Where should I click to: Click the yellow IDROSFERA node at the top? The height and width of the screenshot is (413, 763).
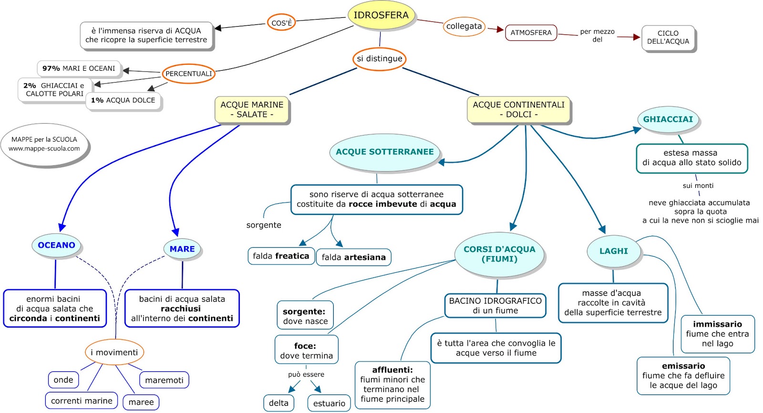[x=381, y=15]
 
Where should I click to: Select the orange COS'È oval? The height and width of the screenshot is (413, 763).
[x=281, y=22]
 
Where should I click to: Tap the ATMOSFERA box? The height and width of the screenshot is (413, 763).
[x=531, y=33]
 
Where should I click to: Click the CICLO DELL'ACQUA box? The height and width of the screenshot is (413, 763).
[x=668, y=38]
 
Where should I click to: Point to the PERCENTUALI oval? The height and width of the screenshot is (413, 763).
[x=188, y=73]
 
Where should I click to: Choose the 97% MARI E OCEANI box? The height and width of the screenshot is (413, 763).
[x=79, y=68]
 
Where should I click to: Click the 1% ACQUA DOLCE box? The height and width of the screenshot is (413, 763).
[x=123, y=100]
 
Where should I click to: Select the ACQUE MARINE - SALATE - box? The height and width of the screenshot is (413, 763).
[x=252, y=110]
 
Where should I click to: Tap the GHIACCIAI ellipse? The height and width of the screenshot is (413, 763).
[x=668, y=119]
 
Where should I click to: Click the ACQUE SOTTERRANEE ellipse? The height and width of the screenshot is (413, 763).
[x=384, y=152]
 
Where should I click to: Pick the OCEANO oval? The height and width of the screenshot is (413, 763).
[x=56, y=245]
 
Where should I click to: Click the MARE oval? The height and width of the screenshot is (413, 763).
[x=182, y=249]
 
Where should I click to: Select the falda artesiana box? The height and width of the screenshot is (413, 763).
[x=353, y=258]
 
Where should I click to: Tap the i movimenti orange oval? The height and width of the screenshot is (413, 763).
[x=114, y=352]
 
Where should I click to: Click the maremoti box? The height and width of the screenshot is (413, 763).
[x=164, y=380]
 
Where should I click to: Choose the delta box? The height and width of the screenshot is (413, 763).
[x=278, y=403]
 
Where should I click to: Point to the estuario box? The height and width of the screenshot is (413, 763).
[x=329, y=403]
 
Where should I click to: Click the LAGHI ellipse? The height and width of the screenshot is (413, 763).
[x=613, y=251]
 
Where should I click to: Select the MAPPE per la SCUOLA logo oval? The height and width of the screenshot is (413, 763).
[x=44, y=144]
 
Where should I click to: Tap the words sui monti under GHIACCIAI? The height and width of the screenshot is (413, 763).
[x=698, y=186]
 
